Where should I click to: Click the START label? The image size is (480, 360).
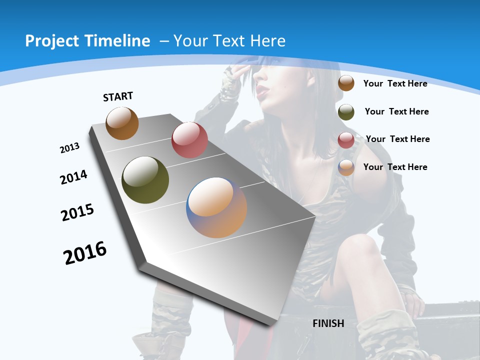tap(118, 96)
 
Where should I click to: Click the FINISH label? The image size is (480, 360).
tap(328, 323)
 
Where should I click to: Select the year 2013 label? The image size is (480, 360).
tap(69, 148)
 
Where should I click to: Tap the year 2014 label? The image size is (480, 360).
tap(73, 177)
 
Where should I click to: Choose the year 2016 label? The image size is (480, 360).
tap(85, 253)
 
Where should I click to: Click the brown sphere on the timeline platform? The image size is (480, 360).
tap(122, 123)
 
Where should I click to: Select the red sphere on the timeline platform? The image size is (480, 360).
tap(189, 140)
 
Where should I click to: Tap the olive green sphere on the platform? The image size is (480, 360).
tap(145, 180)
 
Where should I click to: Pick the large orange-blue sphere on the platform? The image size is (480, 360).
tap(216, 207)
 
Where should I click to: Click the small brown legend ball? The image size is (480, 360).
tap(346, 83)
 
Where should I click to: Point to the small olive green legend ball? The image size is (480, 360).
tap(346, 112)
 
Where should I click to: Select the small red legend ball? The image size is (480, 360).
tap(346, 140)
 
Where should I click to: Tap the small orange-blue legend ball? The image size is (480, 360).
tap(346, 167)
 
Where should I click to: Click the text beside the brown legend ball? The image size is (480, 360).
tap(395, 83)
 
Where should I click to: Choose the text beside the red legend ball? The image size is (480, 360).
tap(397, 139)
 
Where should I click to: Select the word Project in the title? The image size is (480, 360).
tap(52, 41)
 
